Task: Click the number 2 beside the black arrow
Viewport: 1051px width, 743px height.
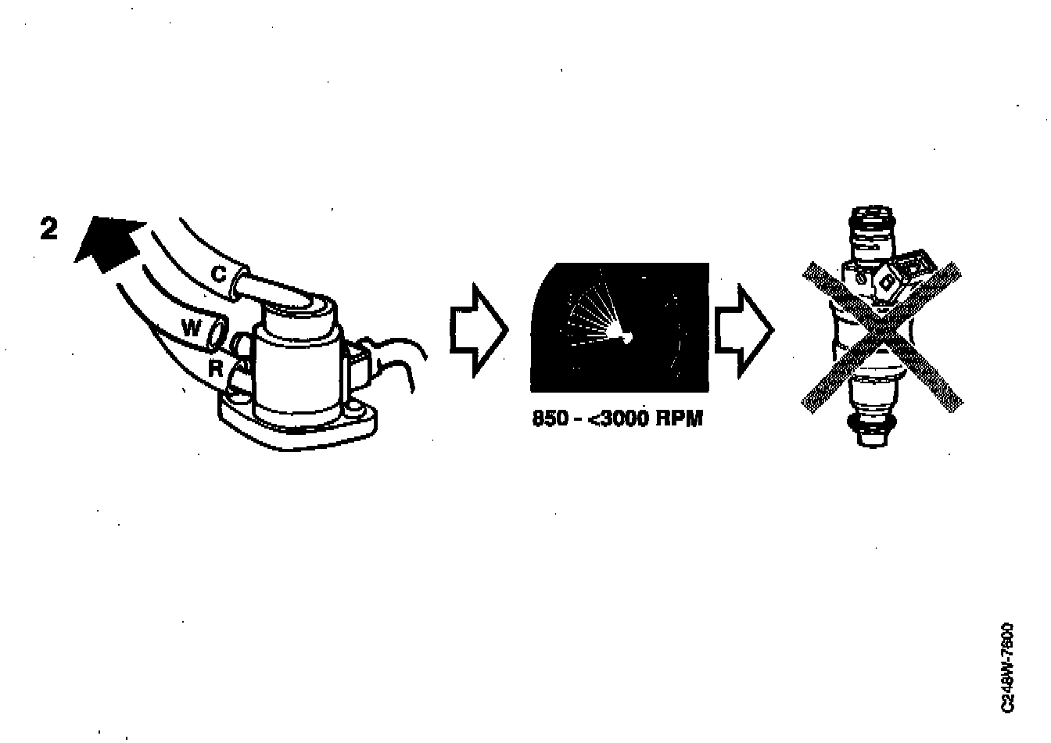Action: [48, 228]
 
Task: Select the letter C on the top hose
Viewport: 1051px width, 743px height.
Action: [220, 274]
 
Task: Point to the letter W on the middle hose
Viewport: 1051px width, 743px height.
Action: [191, 329]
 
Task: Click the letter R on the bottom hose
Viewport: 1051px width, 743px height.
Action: [215, 368]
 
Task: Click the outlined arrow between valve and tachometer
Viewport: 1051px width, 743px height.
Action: [478, 330]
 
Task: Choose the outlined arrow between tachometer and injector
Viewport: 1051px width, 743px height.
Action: [744, 330]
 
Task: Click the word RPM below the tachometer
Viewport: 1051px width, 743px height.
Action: [679, 419]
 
